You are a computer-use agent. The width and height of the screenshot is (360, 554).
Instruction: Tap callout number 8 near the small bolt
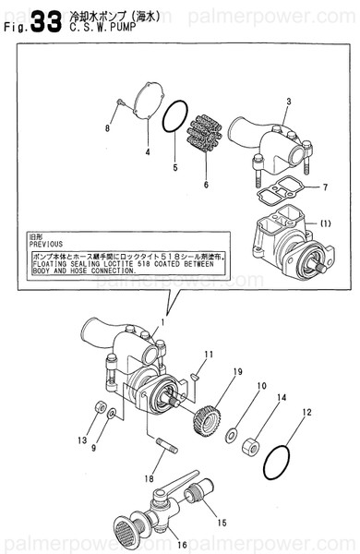(107, 127)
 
